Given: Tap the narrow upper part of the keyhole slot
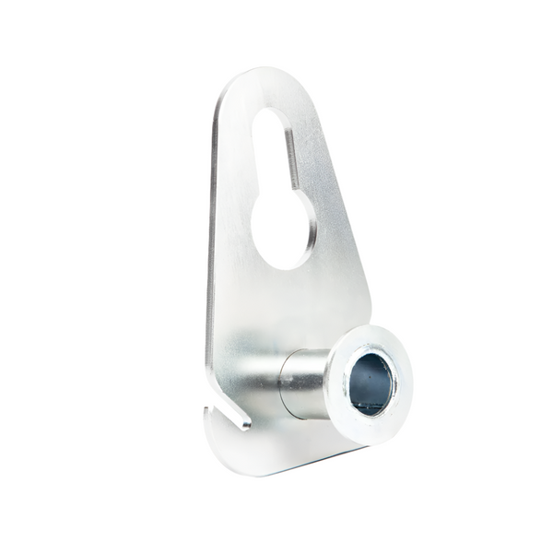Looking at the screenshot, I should tap(273, 152).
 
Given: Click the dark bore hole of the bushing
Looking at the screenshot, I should tap(371, 382).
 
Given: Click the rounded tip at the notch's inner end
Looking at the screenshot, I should tap(245, 425).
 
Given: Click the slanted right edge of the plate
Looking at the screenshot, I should tap(347, 212).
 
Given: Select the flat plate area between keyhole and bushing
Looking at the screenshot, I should tap(276, 304).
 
